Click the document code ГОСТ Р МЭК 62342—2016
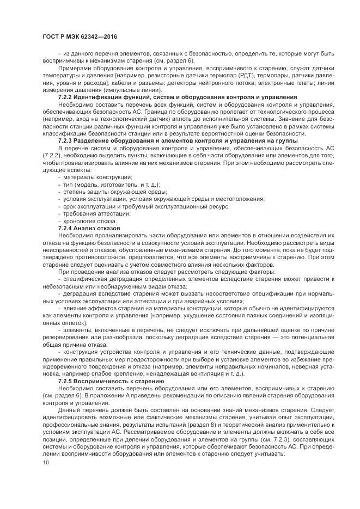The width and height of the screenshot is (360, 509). coord(79,37)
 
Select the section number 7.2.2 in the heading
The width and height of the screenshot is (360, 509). coord(66,96)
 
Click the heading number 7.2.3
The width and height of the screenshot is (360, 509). coord(66,140)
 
